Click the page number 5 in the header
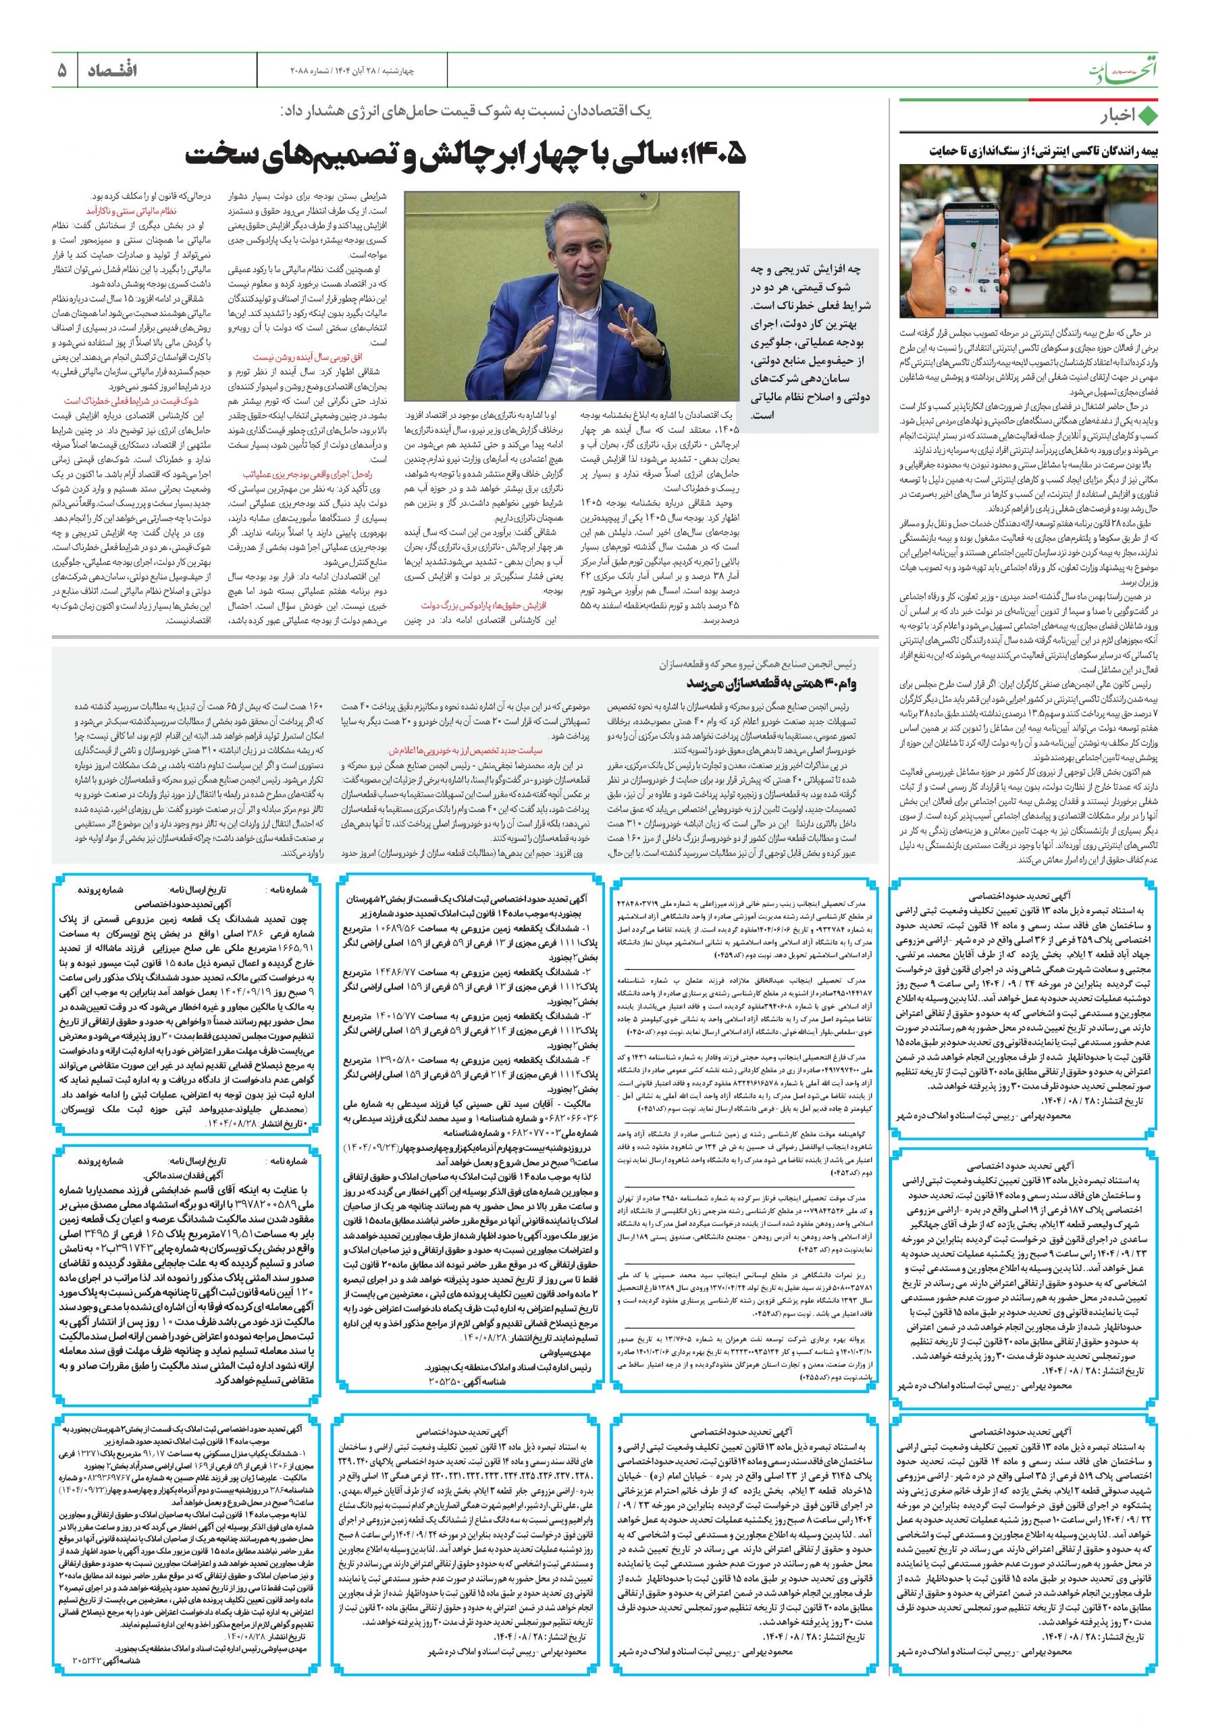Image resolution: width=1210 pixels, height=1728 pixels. [61, 72]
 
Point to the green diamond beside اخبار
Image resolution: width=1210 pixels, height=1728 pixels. [1147, 117]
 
